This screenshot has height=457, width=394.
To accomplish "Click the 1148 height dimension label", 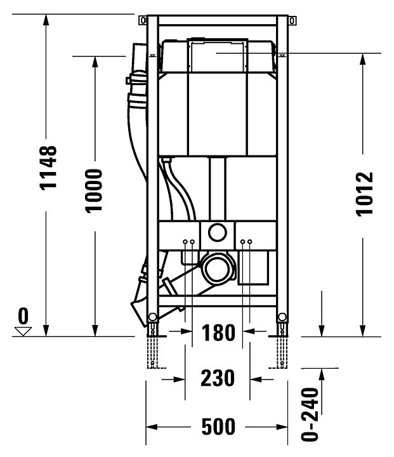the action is (48, 168).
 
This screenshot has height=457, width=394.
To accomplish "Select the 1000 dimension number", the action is (94, 191).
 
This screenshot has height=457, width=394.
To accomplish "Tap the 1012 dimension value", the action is (365, 194).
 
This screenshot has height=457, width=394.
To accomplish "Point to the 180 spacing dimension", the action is (218, 333).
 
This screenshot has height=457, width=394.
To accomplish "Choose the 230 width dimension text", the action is (218, 378).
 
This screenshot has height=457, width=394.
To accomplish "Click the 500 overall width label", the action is (218, 427).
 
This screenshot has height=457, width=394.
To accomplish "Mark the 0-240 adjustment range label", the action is (310, 414).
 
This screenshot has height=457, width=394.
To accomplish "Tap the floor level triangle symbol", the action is (23, 331).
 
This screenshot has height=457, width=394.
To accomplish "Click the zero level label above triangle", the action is (23, 316).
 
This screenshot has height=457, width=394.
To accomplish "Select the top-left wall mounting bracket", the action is (143, 21).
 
